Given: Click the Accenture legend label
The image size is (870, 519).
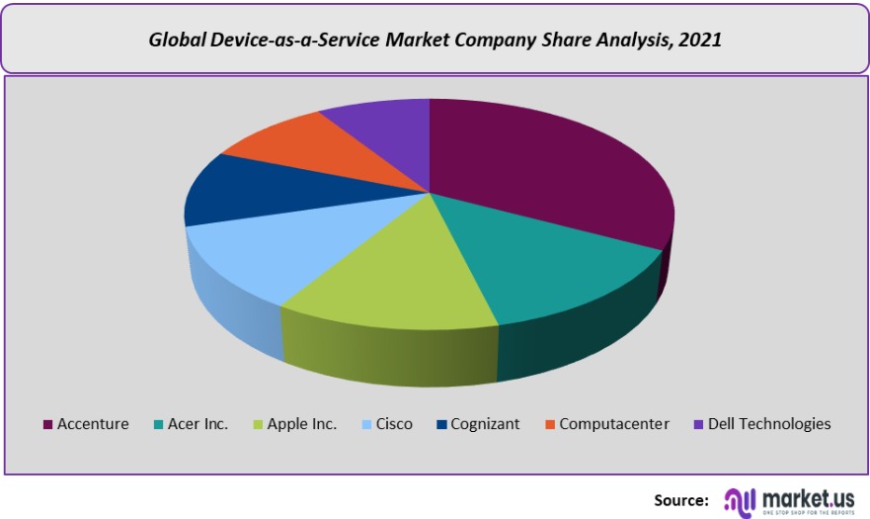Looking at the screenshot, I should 93,424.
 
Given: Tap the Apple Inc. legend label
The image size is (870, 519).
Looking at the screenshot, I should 302,424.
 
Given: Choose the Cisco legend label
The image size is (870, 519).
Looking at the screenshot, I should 394,424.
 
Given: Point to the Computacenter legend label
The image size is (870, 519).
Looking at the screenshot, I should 614,424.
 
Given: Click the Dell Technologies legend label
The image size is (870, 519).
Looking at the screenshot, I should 769,424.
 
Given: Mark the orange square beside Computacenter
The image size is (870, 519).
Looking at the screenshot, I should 550,425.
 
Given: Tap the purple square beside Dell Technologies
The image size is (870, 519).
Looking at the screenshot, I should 699,425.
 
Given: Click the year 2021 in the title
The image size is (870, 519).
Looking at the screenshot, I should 700,41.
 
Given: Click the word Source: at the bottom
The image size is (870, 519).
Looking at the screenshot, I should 680,499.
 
